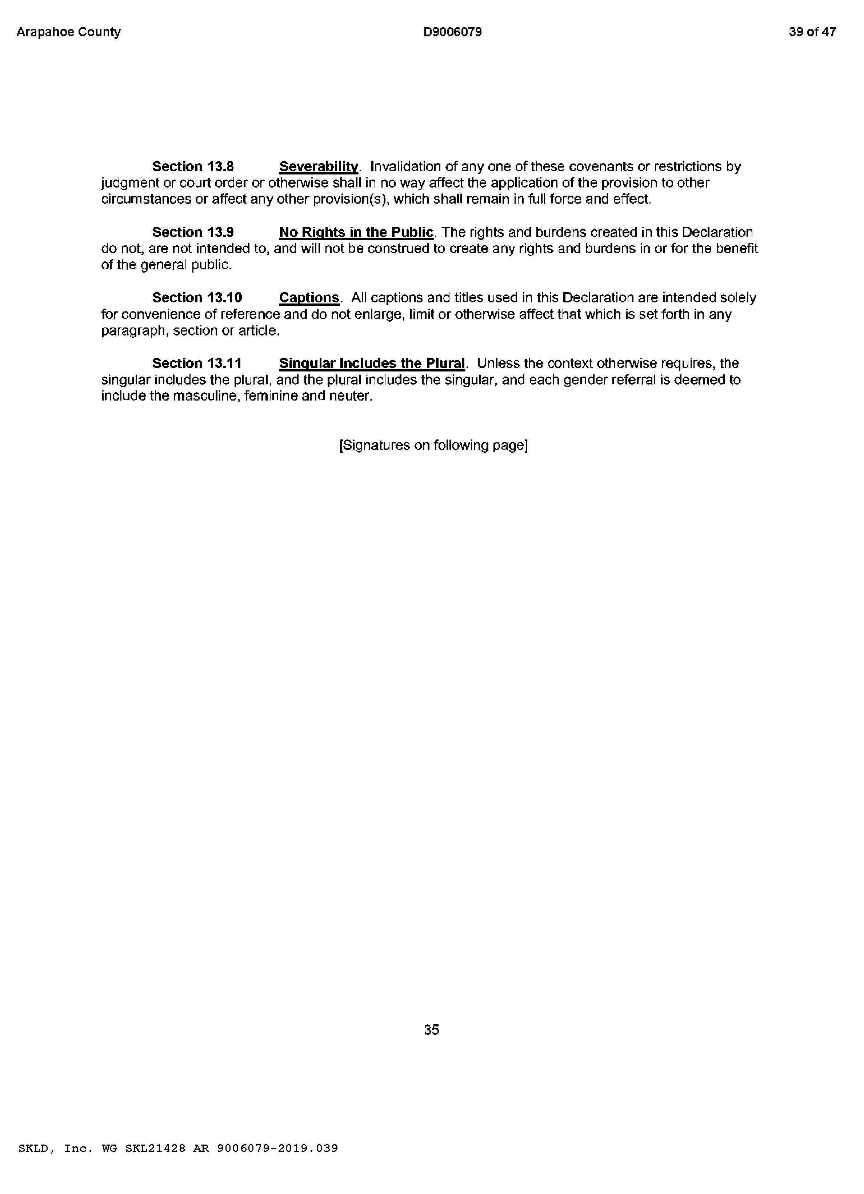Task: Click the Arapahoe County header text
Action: pyautogui.click(x=68, y=32)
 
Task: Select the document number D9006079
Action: pyautogui.click(x=452, y=32)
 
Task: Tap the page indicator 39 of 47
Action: pyautogui.click(x=812, y=32)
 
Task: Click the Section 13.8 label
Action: pyautogui.click(x=193, y=166)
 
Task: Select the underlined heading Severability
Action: pyautogui.click(x=318, y=166)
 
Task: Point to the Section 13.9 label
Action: pyautogui.click(x=193, y=232)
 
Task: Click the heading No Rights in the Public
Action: pyautogui.click(x=356, y=232)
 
